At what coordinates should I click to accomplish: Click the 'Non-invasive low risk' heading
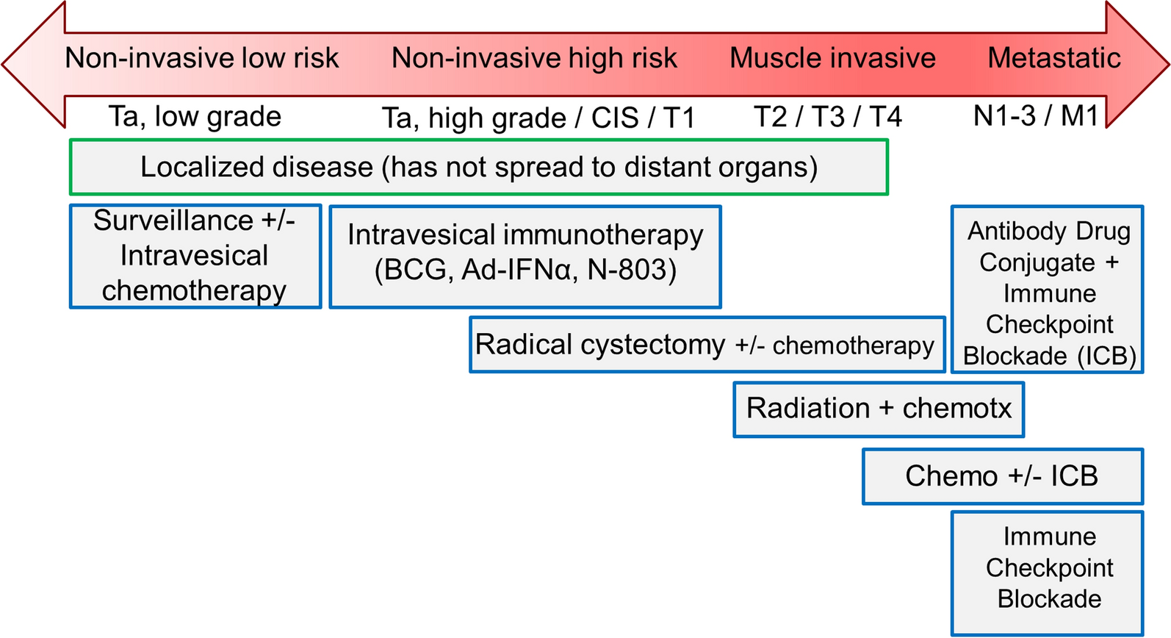tap(202, 57)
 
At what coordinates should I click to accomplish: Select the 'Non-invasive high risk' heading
tap(534, 57)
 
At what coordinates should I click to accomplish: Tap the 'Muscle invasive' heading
tap(832, 57)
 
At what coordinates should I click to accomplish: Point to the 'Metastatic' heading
tap(1054, 57)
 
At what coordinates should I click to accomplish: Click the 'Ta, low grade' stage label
tap(195, 116)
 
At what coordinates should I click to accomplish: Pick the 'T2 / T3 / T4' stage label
tap(828, 116)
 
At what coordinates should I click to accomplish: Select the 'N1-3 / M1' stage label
tap(1035, 115)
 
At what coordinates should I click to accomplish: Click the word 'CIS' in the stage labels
tap(615, 117)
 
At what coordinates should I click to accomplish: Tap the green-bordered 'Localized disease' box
tap(479, 168)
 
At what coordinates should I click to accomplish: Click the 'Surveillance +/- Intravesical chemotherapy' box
tap(195, 257)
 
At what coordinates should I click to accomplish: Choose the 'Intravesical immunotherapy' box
tap(525, 257)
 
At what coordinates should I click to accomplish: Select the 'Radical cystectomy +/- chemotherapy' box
tap(707, 345)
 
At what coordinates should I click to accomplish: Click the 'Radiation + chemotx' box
tap(879, 409)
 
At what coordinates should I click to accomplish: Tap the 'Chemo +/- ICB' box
tap(1003, 476)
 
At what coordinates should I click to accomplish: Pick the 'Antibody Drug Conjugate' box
tap(1047, 289)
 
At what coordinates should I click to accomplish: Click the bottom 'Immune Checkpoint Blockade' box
tap(1047, 573)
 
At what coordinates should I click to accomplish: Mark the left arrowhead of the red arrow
tap(34, 65)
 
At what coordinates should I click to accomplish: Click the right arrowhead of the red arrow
tap(1137, 65)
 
